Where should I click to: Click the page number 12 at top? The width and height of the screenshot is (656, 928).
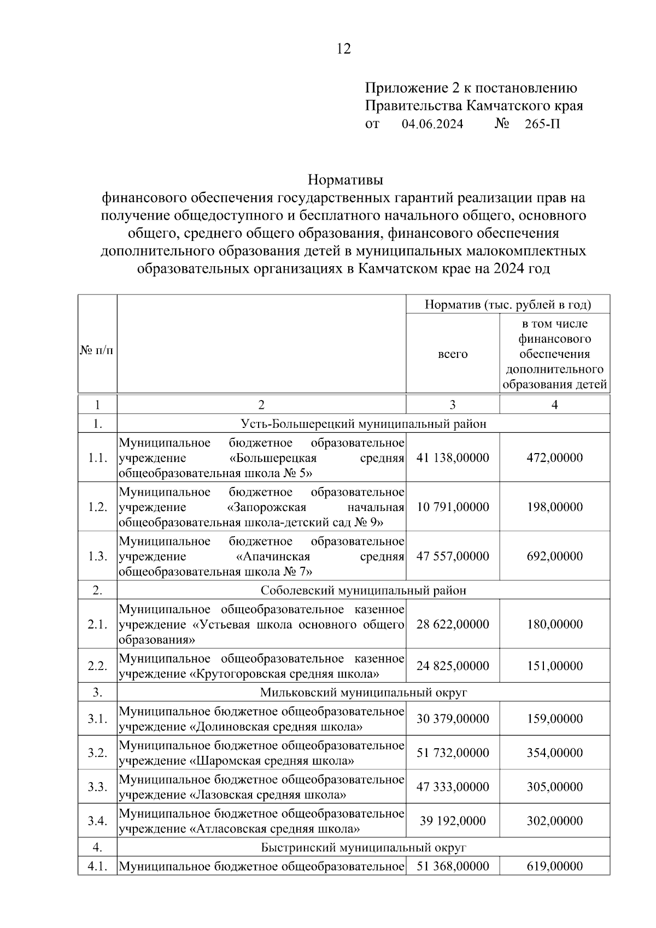coord(343,49)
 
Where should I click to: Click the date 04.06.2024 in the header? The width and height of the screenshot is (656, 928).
coord(432,124)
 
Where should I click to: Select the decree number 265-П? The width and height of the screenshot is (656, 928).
coord(542,124)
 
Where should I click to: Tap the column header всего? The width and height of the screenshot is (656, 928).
coord(453,354)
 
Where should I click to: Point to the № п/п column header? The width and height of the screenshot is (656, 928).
coord(97,350)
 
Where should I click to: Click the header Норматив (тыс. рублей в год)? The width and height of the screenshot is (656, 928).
coord(508,304)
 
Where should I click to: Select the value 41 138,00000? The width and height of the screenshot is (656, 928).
coord(453,457)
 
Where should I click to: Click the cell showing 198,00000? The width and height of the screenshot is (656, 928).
coord(554,507)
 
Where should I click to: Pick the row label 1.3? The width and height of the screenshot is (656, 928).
coord(97,556)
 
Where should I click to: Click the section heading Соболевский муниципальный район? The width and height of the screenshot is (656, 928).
coord(364,590)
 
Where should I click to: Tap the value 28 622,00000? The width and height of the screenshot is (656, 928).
coord(453,624)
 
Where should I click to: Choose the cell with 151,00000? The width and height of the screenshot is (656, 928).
coord(554,666)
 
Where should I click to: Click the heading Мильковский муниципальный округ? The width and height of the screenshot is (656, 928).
coord(364,692)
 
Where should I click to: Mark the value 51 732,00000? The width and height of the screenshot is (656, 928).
coord(453,753)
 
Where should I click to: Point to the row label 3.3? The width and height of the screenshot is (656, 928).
coord(97,787)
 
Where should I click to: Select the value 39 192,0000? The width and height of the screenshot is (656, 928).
coord(453,821)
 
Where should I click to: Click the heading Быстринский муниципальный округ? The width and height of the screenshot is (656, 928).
coord(364,848)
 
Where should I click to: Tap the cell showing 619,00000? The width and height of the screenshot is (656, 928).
coord(554,866)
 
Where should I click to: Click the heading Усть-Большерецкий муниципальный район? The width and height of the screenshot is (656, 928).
coord(364,424)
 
